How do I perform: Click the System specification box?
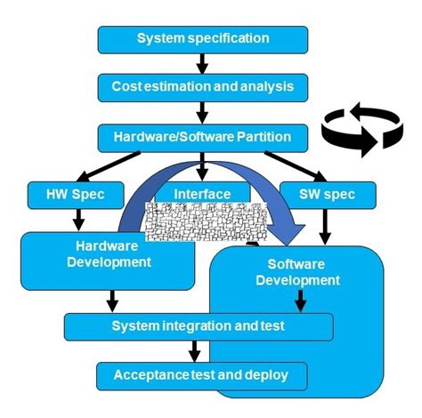pos(203,38)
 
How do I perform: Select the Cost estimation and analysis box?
pos(203,87)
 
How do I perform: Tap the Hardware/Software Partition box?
pos(203,137)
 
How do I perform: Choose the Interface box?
pos(202,192)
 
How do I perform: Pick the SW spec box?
pos(319,193)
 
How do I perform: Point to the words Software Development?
pos(297,272)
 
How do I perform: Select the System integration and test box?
pos(199,326)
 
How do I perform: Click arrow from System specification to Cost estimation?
pos(203,63)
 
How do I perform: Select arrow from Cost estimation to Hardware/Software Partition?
pos(203,112)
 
